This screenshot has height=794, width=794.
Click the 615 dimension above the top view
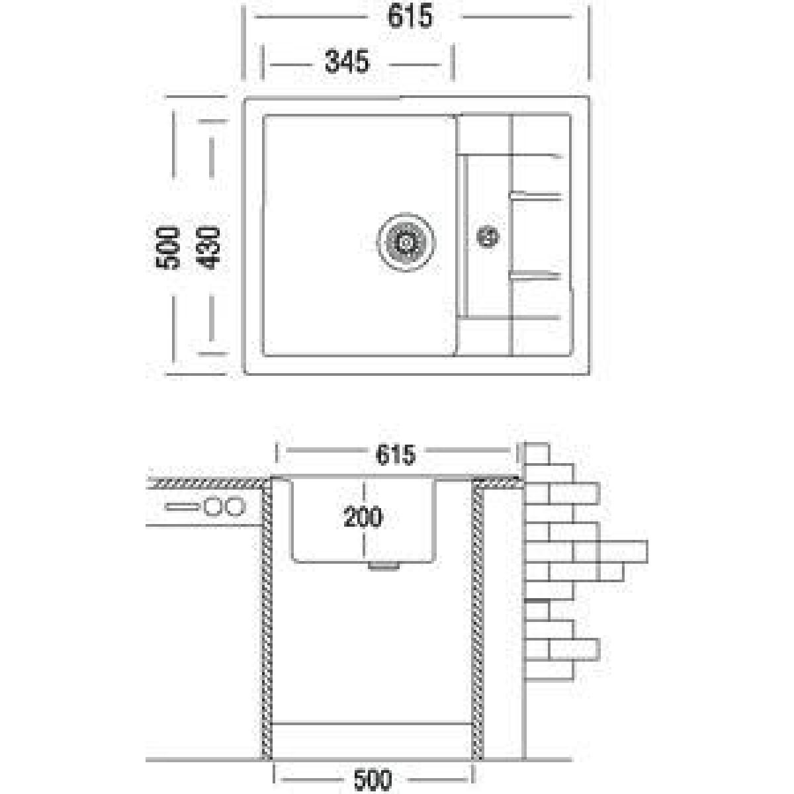click(410, 17)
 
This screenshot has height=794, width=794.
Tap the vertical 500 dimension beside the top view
click(167, 248)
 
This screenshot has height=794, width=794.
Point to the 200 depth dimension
click(363, 517)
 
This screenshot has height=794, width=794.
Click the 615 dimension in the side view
click(396, 455)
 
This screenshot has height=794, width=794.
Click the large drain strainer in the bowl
click(406, 242)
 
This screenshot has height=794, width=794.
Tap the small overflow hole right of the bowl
click(488, 238)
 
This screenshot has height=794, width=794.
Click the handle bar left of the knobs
click(181, 507)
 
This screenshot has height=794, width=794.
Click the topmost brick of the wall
click(538, 454)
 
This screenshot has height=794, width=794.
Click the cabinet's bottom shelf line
click(373, 723)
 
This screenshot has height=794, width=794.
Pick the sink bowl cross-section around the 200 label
click(364, 521)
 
